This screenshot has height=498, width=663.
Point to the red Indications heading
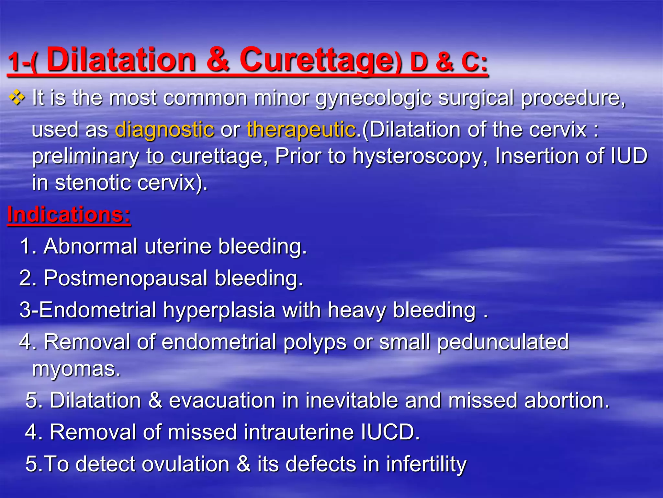[69, 215]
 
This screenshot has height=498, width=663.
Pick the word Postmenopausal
[125, 278]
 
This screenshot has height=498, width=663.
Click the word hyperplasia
[219, 310]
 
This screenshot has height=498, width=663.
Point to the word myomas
[76, 369]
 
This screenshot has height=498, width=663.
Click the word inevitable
[351, 400]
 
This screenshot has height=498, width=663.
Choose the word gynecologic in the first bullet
[374, 98]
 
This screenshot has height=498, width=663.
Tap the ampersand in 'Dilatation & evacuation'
[155, 400]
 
